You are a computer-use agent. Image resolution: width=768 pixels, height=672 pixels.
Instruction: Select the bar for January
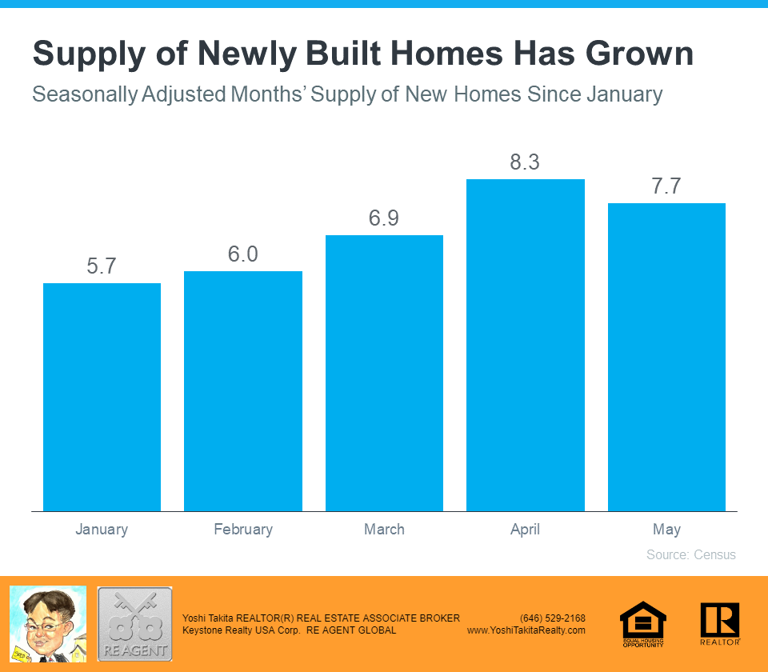(102, 397)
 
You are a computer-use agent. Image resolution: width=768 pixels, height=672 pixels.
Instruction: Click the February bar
(243, 391)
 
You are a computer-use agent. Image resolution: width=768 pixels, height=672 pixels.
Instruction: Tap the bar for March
(384, 373)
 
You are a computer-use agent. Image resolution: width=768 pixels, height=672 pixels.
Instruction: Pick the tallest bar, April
(526, 345)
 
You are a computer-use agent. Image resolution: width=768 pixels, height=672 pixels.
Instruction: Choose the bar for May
(666, 357)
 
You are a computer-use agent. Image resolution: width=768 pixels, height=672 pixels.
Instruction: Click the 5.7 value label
(102, 266)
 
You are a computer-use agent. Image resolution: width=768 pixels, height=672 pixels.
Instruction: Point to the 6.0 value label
(243, 254)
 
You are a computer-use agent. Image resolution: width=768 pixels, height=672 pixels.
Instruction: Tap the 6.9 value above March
(384, 218)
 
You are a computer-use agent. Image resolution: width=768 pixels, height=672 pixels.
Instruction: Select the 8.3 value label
(526, 162)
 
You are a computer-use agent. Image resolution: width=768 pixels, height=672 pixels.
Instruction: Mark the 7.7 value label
(666, 186)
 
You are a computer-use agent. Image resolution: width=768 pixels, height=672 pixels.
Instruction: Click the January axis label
(102, 530)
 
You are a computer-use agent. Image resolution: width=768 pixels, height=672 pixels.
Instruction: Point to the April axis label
(526, 530)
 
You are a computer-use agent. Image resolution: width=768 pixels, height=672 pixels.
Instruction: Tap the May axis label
(666, 530)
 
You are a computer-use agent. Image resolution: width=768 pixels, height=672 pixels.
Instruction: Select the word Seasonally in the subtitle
(84, 94)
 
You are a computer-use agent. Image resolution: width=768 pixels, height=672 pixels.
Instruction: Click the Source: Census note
(690, 554)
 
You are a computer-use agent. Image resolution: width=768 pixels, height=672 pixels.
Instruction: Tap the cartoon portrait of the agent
(47, 624)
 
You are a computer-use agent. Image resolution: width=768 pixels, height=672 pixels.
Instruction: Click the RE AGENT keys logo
(134, 624)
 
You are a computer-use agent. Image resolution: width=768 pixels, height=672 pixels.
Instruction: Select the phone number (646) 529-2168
(552, 618)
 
